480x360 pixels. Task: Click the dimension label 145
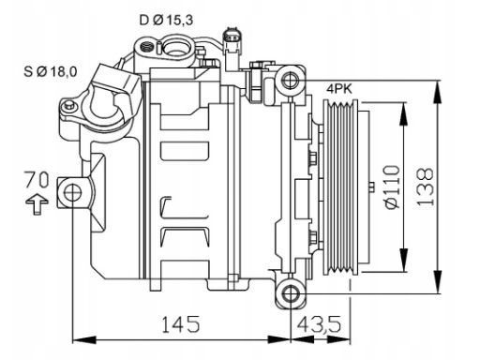click(x=181, y=323)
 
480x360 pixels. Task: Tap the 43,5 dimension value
click(x=319, y=323)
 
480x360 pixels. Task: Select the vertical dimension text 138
click(x=426, y=187)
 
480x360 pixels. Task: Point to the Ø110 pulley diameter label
click(x=392, y=187)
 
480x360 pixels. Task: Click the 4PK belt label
click(x=339, y=89)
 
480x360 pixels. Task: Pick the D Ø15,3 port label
click(x=166, y=21)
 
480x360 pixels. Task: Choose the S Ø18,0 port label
click(x=51, y=72)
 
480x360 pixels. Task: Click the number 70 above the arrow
click(x=37, y=180)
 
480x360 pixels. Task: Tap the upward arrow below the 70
click(x=37, y=204)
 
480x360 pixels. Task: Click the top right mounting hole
click(x=291, y=80)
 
